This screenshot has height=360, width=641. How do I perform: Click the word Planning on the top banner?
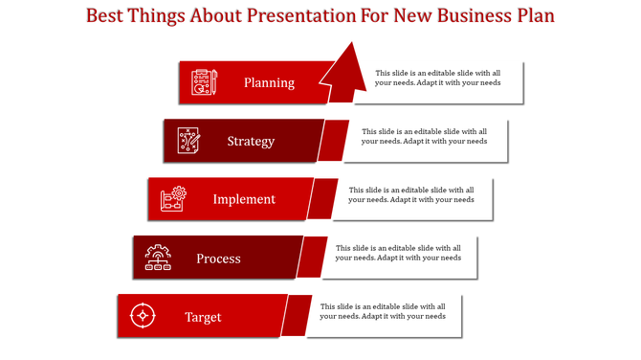tap(269, 82)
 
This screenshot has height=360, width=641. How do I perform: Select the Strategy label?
tap(251, 141)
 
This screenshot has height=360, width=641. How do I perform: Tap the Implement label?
tap(244, 199)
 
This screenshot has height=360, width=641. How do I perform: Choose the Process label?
tap(218, 259)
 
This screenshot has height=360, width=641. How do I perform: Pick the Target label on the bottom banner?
tap(203, 317)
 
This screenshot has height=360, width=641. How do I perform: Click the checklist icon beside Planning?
tap(204, 82)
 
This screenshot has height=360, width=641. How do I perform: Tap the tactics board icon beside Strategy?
tap(188, 141)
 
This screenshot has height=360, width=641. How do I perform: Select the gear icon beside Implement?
tap(173, 199)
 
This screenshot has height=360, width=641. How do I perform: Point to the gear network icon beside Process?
tap(158, 258)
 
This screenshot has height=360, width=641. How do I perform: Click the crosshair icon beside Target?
tap(143, 316)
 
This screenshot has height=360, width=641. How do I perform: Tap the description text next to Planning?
tap(437, 78)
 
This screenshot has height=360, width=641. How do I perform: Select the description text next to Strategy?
tap(424, 136)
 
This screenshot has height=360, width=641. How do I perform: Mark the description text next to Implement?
tap(410, 194)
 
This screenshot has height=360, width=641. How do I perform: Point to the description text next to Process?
tap(397, 253)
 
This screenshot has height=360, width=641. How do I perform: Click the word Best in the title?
tap(106, 16)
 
